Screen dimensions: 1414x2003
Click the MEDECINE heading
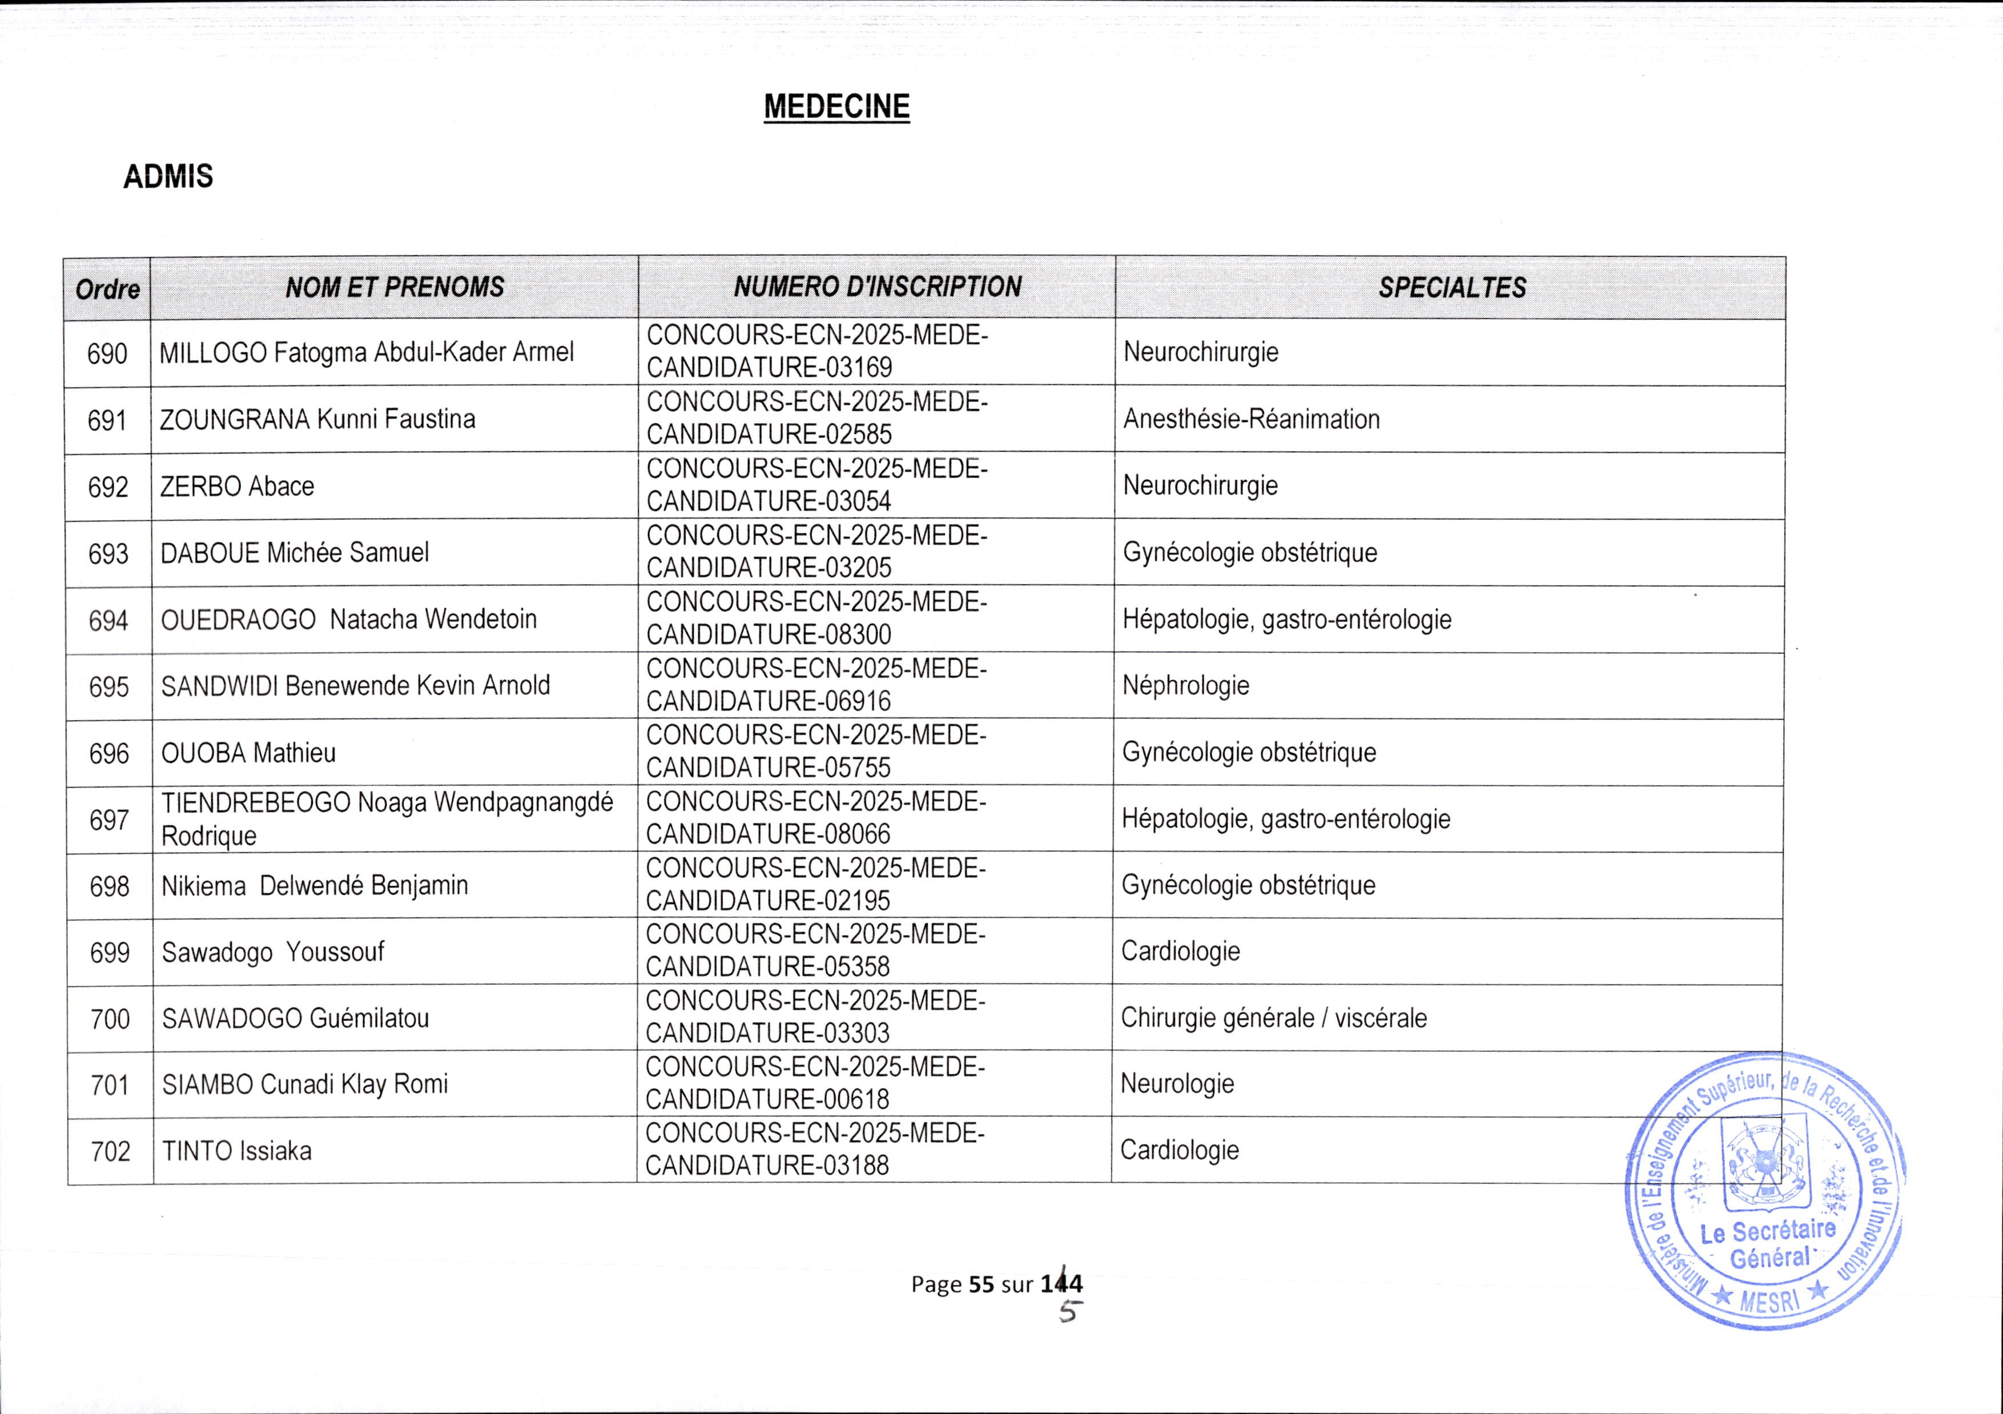[x=836, y=106]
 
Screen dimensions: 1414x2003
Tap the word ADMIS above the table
[x=167, y=177]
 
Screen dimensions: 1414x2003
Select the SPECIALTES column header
[x=1451, y=288]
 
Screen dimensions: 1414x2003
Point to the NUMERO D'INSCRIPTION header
[x=877, y=287]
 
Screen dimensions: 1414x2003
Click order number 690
[x=107, y=354]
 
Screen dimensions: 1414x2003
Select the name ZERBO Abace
[x=238, y=486]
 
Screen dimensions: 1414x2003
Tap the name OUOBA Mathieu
[x=248, y=753]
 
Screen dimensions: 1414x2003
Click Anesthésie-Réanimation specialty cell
[x=1251, y=420]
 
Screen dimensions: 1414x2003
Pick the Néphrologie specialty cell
[x=1185, y=686]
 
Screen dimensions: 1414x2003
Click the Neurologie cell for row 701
[x=1177, y=1084]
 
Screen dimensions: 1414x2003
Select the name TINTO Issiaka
[x=236, y=1151]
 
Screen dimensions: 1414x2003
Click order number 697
[x=109, y=820]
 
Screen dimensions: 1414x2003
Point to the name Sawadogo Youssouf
[x=273, y=951]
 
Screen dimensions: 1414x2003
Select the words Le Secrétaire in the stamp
[x=1767, y=1232]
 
